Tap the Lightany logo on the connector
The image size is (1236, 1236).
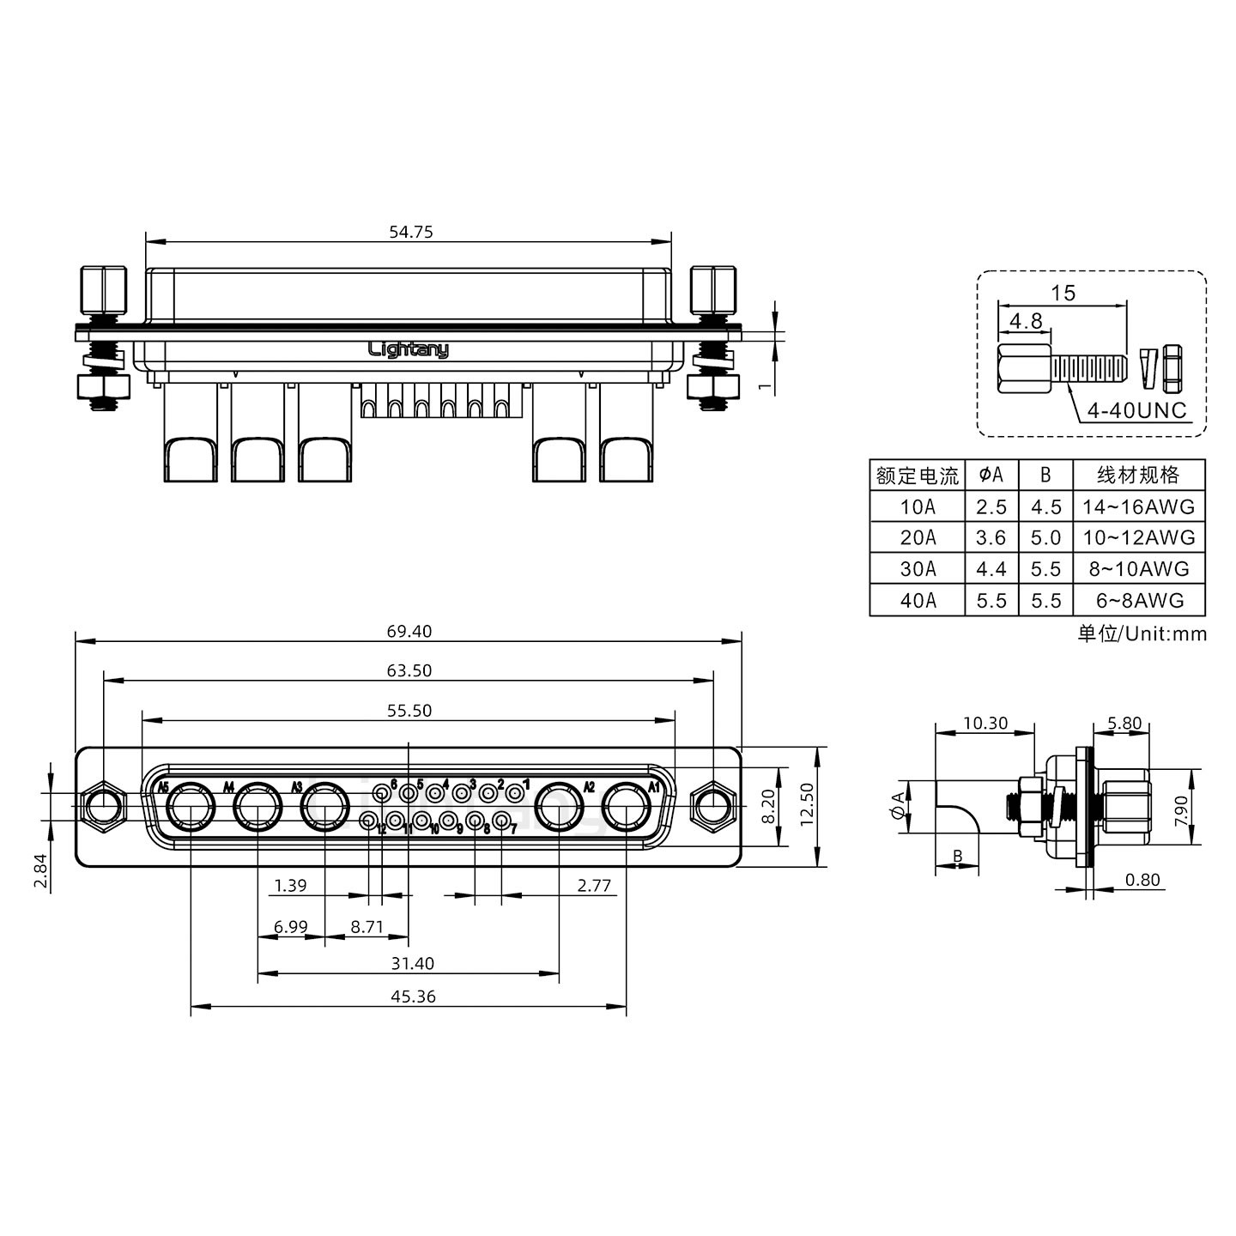coord(408,349)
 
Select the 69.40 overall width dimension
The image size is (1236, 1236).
coord(409,632)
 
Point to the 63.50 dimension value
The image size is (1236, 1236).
coord(409,670)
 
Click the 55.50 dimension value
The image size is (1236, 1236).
coord(409,711)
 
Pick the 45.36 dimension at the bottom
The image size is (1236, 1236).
coord(413,997)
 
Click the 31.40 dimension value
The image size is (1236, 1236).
coord(413,963)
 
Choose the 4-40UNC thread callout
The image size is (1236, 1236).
coord(1136,411)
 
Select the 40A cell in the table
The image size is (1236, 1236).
coord(918,601)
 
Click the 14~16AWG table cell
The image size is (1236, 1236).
coord(1138,506)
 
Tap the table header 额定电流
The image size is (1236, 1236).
coord(918,475)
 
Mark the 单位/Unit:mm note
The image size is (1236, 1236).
coord(1142,633)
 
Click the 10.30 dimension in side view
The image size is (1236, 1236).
coord(985,724)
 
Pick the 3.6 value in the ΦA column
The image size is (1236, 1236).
coord(991,538)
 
